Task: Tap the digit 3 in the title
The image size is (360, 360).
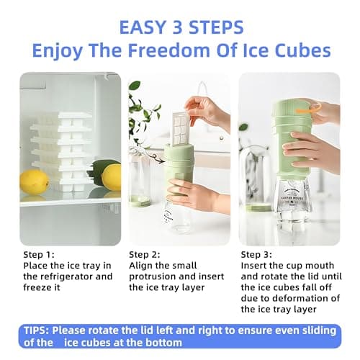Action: click(178, 27)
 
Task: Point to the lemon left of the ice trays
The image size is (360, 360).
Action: click(35, 181)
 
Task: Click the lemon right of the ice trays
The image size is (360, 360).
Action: click(112, 177)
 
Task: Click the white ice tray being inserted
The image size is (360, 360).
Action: click(180, 130)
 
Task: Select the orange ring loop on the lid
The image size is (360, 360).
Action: click(309, 109)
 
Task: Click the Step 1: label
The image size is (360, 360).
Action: click(39, 255)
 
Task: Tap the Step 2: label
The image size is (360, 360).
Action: click(145, 255)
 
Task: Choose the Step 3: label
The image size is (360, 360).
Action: click(256, 255)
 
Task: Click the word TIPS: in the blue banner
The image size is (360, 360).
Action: click(37, 330)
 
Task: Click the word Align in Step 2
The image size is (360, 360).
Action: click(140, 266)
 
